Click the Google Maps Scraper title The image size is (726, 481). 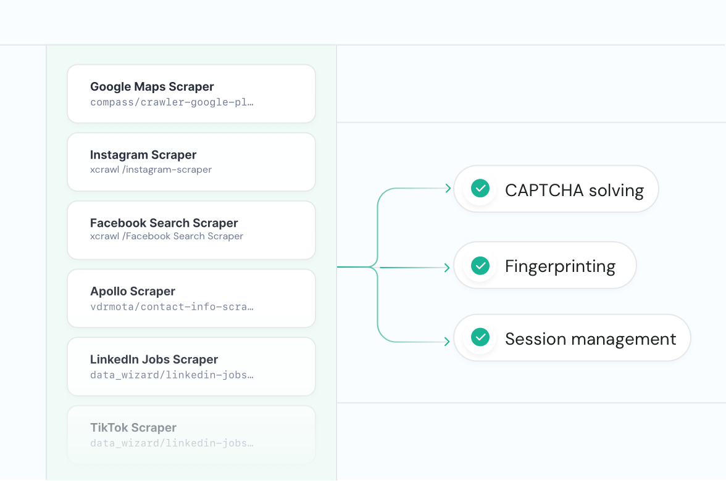[x=152, y=87]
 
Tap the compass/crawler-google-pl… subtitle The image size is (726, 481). [x=172, y=102]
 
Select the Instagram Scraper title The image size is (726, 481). [x=143, y=155]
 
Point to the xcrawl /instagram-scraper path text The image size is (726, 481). [x=151, y=170]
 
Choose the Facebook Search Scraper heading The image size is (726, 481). [x=164, y=223]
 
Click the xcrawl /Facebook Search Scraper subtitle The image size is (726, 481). [x=167, y=236]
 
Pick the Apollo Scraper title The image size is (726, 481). [x=132, y=291]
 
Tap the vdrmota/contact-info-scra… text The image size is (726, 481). [x=172, y=306]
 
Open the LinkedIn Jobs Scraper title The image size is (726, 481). [x=154, y=360]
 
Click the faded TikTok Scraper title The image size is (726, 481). [x=133, y=427]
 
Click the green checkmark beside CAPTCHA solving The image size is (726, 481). [x=480, y=188]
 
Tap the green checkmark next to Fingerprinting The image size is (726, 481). [x=480, y=265]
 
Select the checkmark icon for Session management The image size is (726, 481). [x=480, y=337]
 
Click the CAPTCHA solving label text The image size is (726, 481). [x=574, y=191]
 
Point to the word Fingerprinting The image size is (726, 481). [x=561, y=267]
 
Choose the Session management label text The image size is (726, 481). [x=590, y=339]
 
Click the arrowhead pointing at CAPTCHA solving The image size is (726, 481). [x=448, y=188]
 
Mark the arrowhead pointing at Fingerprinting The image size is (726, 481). [x=447, y=268]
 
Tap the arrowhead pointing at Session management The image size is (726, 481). [x=447, y=342]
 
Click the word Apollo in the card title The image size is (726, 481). [x=107, y=291]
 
